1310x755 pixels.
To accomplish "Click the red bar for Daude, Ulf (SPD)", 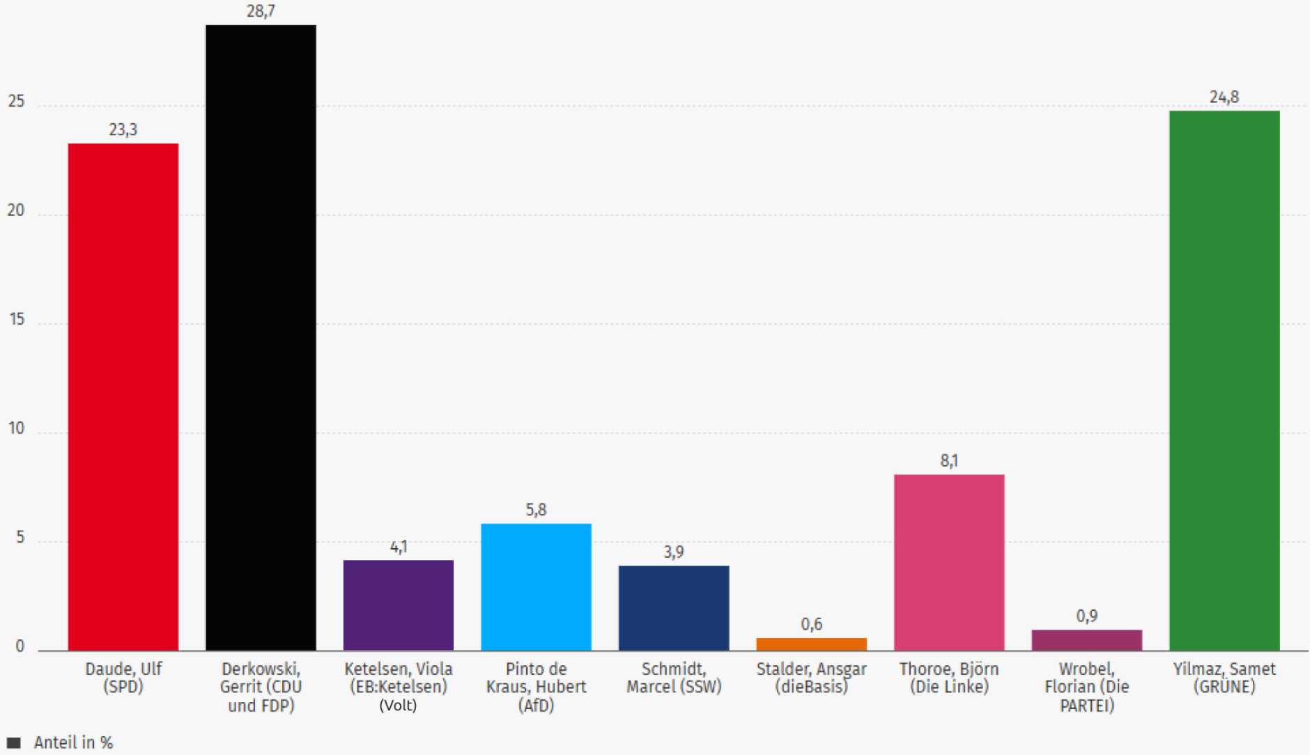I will (x=123, y=397).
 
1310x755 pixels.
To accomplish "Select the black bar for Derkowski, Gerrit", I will (x=261, y=338).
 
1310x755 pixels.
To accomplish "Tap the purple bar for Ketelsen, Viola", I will (x=398, y=605).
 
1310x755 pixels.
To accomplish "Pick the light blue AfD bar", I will (x=536, y=587).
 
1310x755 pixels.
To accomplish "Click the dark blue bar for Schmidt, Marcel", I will (x=674, y=608).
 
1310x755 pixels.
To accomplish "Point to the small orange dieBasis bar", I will (x=811, y=644).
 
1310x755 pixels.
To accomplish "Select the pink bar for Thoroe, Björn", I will (x=949, y=563).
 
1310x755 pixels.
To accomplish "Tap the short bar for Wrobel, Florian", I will (x=1086, y=640).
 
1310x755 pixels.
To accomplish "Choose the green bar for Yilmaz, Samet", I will (x=1224, y=380).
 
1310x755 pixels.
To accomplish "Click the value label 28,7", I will (x=261, y=11).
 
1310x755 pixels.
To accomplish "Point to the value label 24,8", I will (x=1224, y=97).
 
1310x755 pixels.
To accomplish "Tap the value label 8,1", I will (x=949, y=460).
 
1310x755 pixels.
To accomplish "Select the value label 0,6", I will (x=811, y=624).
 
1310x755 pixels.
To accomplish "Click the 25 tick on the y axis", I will (x=16, y=102).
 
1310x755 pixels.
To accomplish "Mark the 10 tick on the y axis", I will (x=16, y=428).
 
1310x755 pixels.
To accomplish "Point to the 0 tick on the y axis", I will (x=20, y=646).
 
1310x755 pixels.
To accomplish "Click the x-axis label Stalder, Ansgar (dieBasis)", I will (x=811, y=678).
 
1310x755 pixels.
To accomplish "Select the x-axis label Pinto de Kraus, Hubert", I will (x=536, y=687).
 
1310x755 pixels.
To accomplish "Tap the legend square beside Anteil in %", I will (x=14, y=742).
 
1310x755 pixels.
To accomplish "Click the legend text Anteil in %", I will (x=73, y=742).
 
